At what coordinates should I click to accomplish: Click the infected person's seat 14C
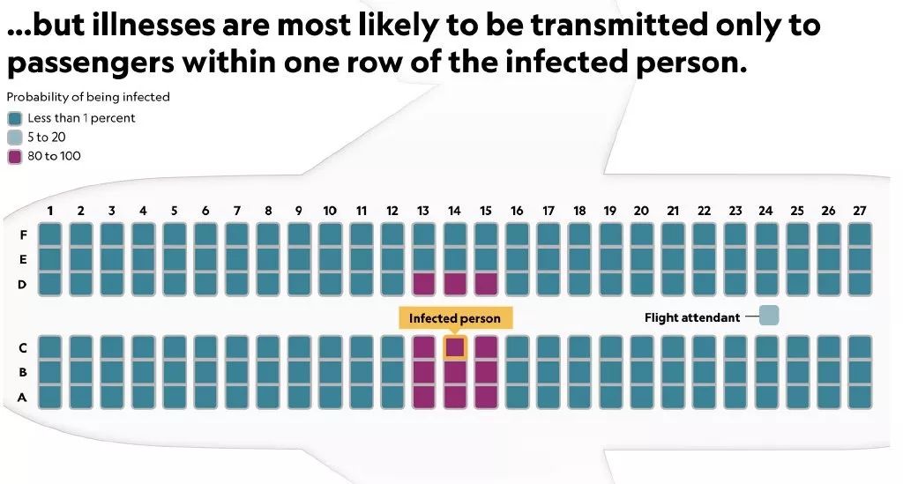[454, 347]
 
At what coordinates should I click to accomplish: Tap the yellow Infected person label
[455, 318]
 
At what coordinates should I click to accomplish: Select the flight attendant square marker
[769, 316]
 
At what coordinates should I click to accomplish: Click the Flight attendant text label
[692, 317]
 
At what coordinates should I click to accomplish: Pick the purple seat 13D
[423, 284]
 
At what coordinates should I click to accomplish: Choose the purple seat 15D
[486, 284]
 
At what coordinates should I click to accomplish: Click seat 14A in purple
[454, 397]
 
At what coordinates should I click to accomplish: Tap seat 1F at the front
[49, 235]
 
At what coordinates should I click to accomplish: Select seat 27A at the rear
[860, 397]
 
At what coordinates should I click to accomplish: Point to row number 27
[860, 211]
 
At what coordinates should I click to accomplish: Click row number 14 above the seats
[454, 211]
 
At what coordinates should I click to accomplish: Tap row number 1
[50, 211]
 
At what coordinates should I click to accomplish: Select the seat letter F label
[23, 235]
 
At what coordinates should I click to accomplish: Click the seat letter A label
[22, 397]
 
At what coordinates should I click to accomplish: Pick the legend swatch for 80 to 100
[15, 157]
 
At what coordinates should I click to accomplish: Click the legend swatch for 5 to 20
[15, 138]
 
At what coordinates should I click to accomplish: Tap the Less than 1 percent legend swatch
[15, 118]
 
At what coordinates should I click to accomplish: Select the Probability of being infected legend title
[88, 97]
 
